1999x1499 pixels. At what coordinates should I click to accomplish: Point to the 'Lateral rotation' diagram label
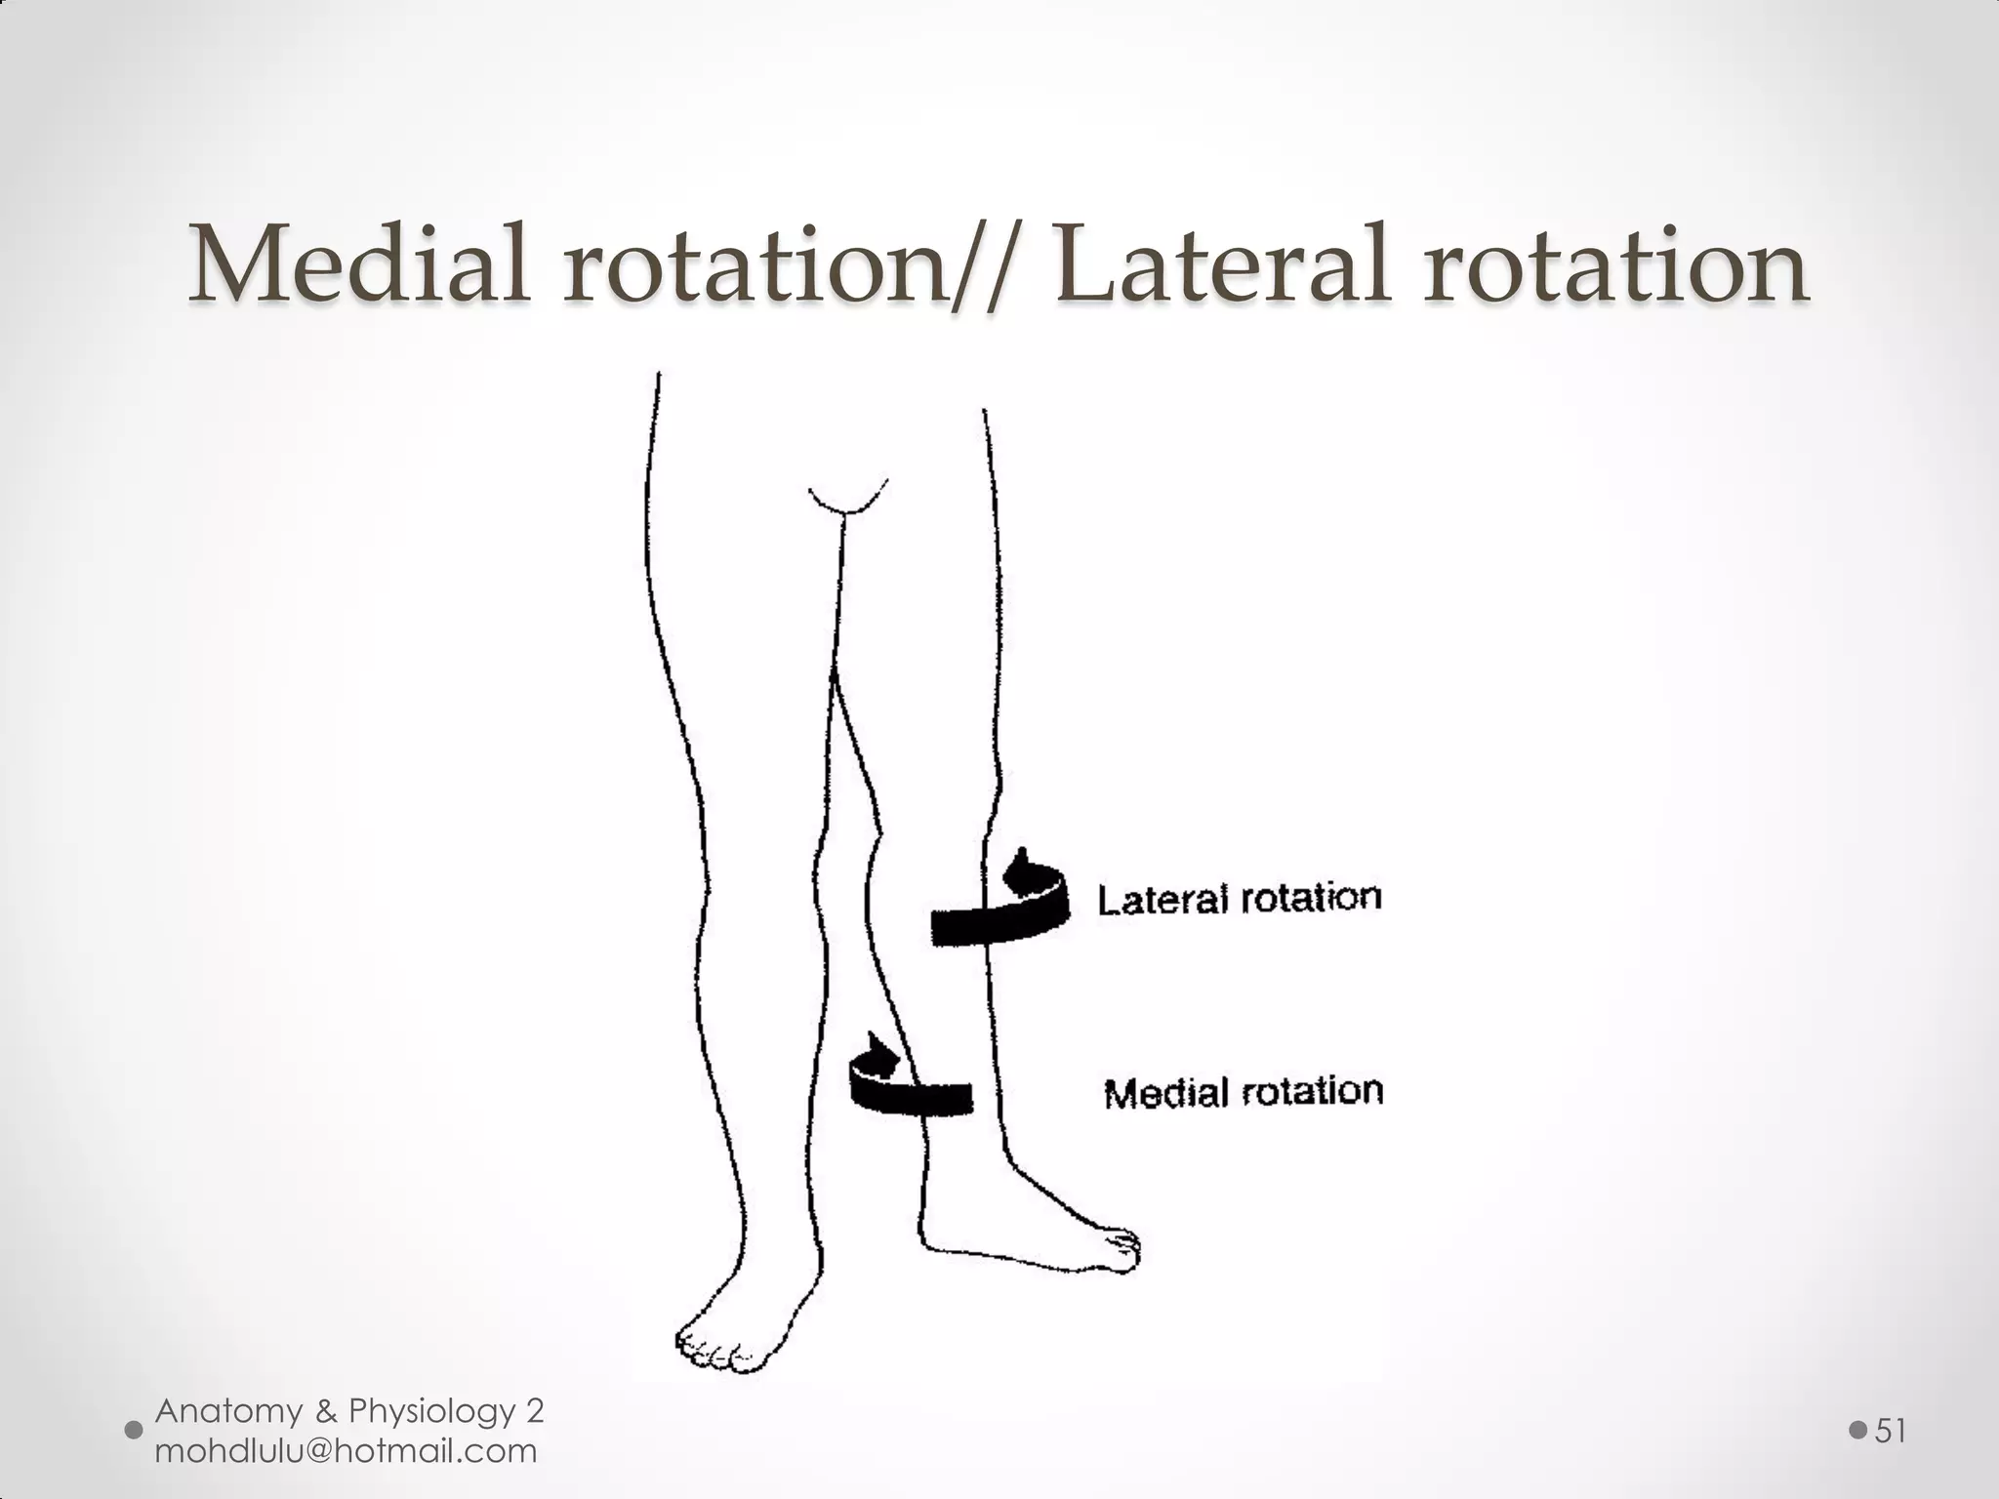click(1240, 899)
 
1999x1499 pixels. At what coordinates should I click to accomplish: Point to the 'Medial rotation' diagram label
click(1244, 1092)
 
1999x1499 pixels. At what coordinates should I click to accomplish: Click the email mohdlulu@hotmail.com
click(346, 1451)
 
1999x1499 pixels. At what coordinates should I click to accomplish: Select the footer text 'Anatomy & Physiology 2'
click(349, 1410)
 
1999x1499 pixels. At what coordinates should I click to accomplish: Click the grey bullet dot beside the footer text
click(134, 1431)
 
